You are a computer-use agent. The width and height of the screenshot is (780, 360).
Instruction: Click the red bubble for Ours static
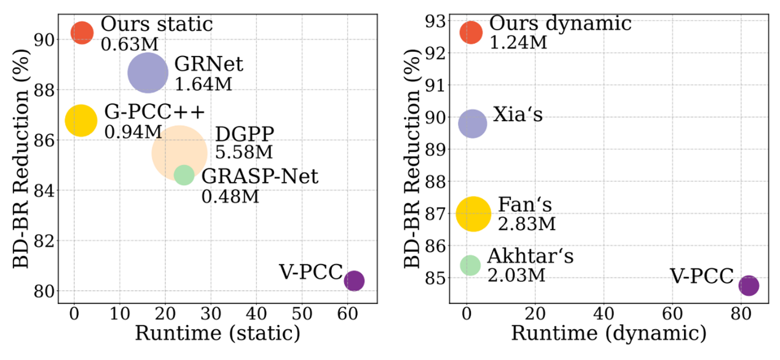[82, 32]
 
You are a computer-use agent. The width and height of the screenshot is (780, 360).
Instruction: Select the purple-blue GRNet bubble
[148, 73]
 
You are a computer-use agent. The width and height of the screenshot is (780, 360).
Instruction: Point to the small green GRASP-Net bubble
[184, 175]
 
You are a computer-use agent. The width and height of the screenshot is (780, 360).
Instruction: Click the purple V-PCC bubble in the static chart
[353, 281]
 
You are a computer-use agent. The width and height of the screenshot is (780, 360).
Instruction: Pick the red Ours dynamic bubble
[471, 32]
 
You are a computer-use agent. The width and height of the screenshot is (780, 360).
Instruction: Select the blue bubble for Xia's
[472, 123]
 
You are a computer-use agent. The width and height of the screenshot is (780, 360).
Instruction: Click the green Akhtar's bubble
[470, 265]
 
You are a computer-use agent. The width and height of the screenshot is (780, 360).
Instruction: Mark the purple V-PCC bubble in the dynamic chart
[748, 286]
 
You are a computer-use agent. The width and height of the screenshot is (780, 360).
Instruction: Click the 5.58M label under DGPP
[243, 152]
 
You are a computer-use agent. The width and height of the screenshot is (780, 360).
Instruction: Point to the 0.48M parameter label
[230, 197]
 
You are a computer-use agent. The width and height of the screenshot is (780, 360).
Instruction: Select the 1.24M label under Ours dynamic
[518, 42]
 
